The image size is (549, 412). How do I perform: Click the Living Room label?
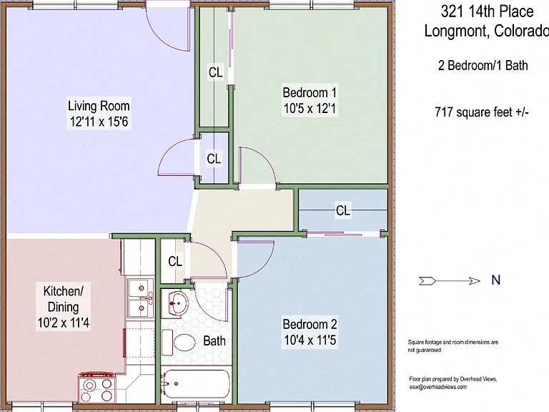tap(99, 106)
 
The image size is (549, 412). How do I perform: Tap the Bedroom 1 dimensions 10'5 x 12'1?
tap(310, 109)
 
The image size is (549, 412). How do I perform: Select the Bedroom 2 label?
tap(310, 324)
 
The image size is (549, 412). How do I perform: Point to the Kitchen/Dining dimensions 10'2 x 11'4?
tap(64, 323)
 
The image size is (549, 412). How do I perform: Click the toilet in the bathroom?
tap(179, 343)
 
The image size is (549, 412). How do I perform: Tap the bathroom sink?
tap(174, 303)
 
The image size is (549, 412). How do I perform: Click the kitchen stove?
tap(98, 388)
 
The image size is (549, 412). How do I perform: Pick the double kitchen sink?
tap(140, 298)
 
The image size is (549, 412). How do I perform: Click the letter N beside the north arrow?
tap(496, 280)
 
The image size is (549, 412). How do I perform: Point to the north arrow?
tap(450, 280)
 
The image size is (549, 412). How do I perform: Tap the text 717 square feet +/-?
tap(482, 112)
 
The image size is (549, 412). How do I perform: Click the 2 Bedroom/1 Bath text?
tap(483, 66)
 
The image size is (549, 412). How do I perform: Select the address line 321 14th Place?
tap(487, 11)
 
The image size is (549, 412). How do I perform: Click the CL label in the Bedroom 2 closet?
tap(343, 210)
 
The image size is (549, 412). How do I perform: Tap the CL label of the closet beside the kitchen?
tap(175, 261)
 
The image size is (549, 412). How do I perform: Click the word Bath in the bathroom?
tap(214, 340)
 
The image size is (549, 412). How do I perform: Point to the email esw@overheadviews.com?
tap(437, 387)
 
